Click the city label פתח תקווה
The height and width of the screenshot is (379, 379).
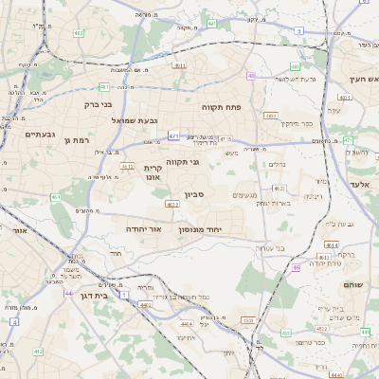coord(222,107)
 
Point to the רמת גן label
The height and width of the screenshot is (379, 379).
coord(76,139)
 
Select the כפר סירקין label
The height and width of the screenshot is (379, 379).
coord(296,123)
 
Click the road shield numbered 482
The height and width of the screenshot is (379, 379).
coord(77,33)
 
